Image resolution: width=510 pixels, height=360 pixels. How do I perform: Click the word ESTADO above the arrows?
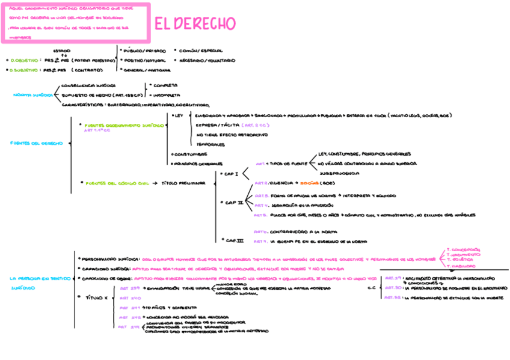tap(61, 50)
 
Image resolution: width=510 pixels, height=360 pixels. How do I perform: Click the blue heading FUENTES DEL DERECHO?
tap(36, 143)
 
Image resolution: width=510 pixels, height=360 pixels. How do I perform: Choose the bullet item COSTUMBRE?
tap(190, 154)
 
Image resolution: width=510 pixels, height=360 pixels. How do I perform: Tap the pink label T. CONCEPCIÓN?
tap(462, 249)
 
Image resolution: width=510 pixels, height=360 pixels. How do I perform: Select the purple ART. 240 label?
tap(131, 297)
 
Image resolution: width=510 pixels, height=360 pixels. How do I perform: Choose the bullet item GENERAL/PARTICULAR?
tap(147, 70)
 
